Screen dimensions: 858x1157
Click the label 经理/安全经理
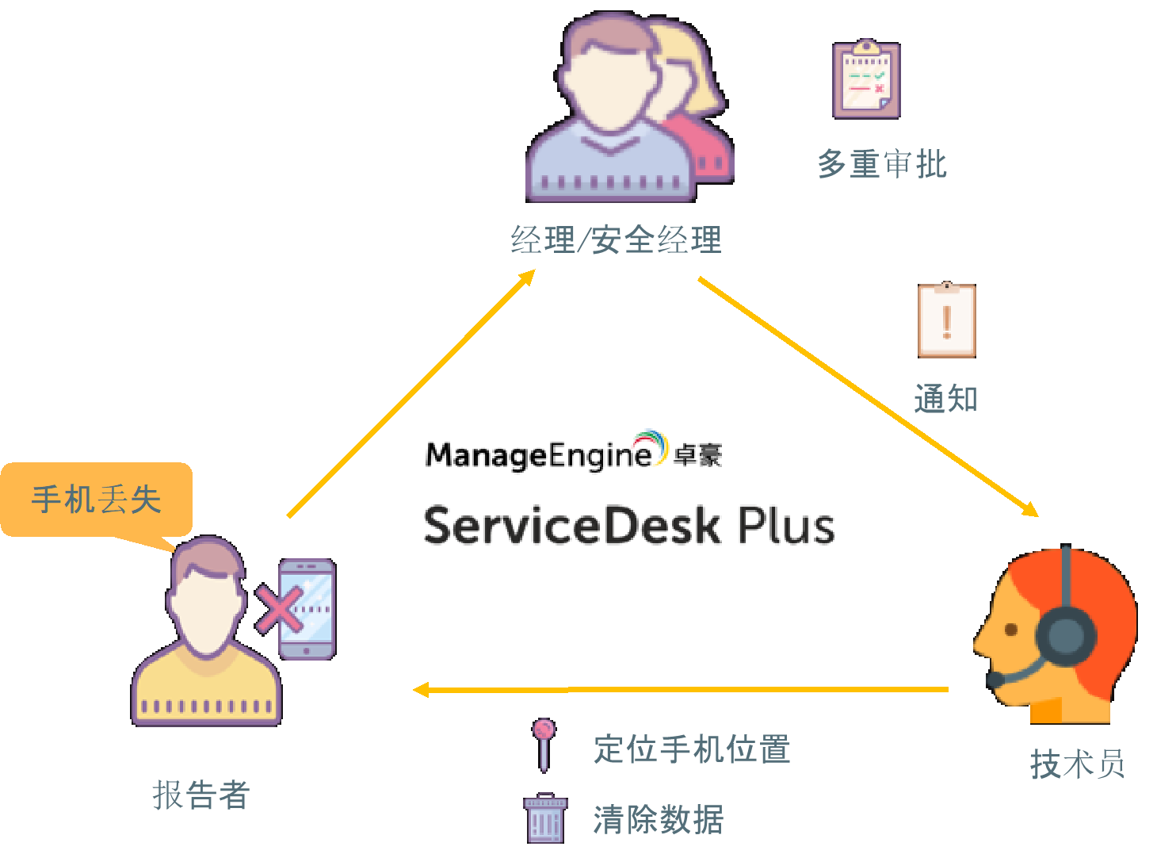616,239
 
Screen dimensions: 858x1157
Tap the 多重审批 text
881,163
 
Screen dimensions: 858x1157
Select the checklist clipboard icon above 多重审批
866,80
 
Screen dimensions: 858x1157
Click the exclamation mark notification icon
946,320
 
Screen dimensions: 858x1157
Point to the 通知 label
945,398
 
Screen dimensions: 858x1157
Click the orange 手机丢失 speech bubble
96,500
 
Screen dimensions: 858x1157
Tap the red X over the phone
278,609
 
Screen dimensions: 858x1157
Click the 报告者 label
201,794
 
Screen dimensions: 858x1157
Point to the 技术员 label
1077,764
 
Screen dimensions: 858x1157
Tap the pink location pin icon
544,743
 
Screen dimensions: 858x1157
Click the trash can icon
544,818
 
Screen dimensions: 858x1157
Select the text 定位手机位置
692,749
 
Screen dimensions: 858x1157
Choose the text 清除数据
658,819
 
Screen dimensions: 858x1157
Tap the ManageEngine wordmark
539,455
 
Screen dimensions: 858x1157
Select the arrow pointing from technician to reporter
682,690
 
